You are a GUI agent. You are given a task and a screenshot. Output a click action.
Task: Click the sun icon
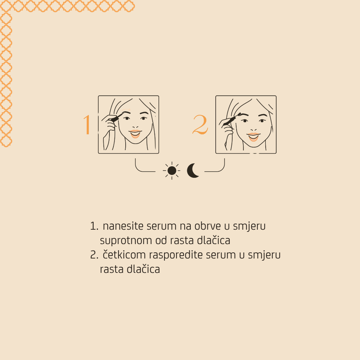tap(172, 171)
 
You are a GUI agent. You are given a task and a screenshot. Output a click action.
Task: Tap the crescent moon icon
tap(193, 171)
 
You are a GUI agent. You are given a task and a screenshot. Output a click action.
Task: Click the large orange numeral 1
tap(87, 125)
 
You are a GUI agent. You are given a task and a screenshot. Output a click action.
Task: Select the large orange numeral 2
tap(200, 125)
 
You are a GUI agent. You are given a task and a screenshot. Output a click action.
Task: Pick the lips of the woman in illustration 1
tap(135, 134)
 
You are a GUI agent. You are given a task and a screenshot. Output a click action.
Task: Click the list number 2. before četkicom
tap(94, 255)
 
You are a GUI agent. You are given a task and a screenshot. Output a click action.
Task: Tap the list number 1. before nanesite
tap(94, 226)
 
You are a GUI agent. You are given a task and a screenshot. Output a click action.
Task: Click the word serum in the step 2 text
tap(219, 255)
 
